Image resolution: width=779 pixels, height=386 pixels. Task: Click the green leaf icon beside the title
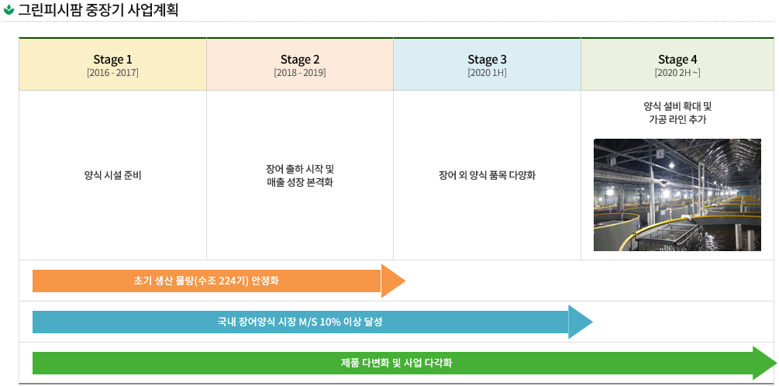9,11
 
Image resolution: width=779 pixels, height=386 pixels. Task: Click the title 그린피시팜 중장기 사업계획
98,11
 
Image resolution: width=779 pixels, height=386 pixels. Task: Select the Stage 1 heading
112,60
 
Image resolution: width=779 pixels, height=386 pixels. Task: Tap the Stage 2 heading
300,60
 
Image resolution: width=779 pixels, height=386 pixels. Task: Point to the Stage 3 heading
488,60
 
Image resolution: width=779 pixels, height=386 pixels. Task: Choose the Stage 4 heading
677,60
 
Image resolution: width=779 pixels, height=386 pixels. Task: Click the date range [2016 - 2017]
112,73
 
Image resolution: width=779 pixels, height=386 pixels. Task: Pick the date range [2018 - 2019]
300,73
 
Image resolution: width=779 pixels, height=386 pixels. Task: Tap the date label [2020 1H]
488,73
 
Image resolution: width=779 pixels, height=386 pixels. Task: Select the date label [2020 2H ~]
677,73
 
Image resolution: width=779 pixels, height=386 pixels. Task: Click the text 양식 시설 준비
112,175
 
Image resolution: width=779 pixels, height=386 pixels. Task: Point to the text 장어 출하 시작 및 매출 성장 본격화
300,175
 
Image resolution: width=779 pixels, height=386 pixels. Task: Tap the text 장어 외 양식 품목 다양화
488,175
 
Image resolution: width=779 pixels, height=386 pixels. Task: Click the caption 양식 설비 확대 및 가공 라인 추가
677,112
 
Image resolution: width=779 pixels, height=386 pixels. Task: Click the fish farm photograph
677,195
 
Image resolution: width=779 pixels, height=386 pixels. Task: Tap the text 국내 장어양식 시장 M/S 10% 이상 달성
300,322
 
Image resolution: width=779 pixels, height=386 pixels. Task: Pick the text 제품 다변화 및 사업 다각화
396,363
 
